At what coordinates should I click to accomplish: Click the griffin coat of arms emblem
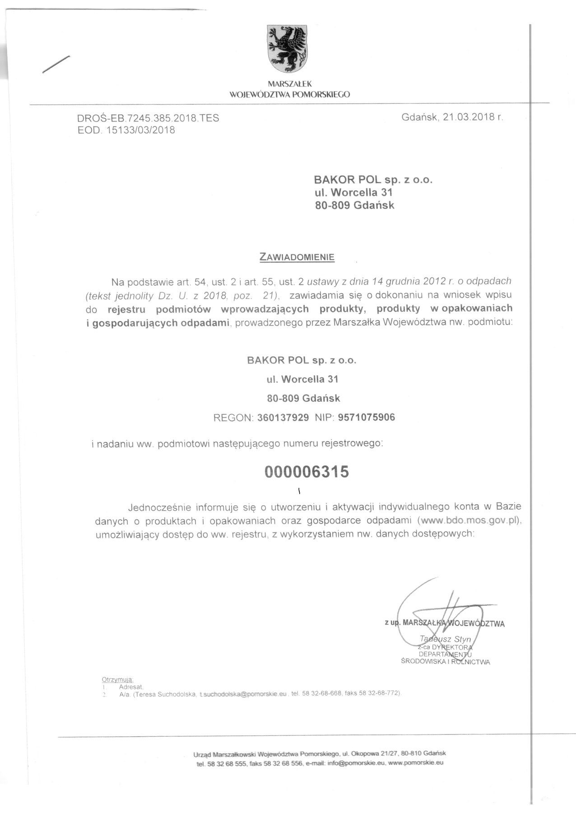(287, 49)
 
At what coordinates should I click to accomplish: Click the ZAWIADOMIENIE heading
(297, 257)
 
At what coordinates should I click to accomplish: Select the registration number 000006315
(307, 472)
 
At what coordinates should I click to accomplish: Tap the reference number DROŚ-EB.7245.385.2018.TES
(148, 118)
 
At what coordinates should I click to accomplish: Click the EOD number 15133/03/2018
(140, 130)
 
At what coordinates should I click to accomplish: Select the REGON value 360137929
(283, 418)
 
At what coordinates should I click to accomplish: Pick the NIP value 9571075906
(366, 417)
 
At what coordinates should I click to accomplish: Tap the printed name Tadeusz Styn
(445, 639)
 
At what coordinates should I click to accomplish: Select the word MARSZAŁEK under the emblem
(289, 84)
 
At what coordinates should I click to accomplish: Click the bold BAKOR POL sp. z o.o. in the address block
(373, 180)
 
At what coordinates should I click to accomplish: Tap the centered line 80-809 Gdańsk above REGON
(303, 399)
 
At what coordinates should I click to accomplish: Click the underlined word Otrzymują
(117, 679)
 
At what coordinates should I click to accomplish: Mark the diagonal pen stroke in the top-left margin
(56, 64)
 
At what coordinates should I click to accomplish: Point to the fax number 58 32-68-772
(379, 693)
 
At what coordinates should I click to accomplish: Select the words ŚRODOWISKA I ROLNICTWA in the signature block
(445, 662)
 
